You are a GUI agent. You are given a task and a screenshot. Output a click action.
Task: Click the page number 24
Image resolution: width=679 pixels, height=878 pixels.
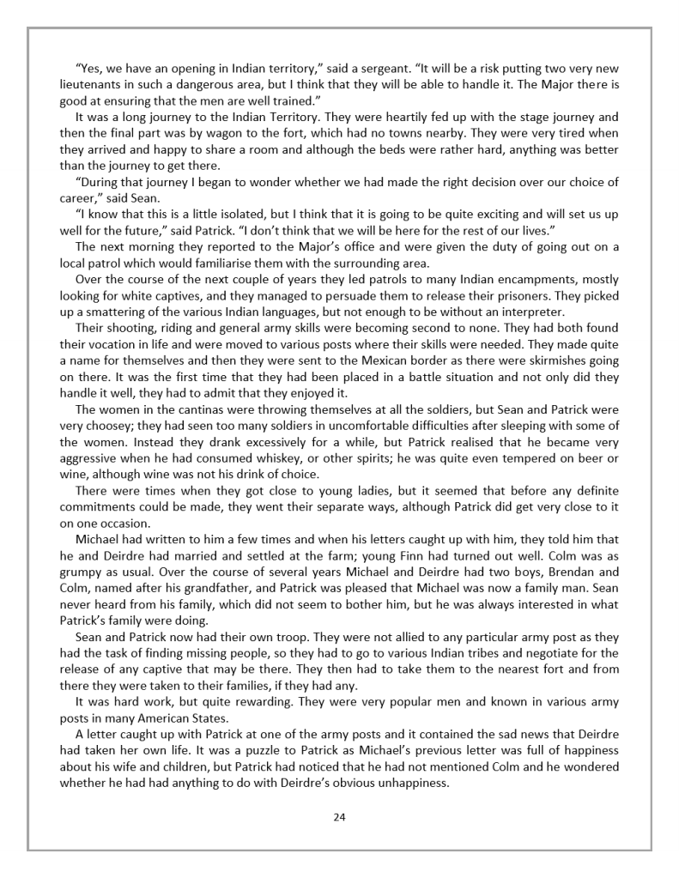point(339,816)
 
